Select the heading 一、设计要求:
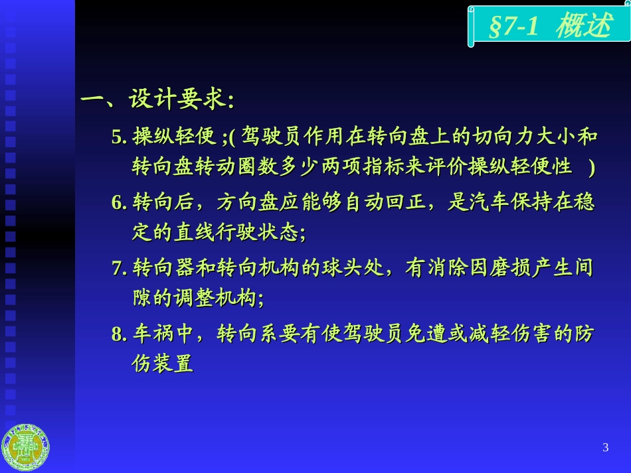point(157,101)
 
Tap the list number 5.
point(118,137)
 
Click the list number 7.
point(118,269)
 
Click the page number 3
point(605,447)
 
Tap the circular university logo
point(26,448)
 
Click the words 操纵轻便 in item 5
point(174,137)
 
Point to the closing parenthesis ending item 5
point(590,167)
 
